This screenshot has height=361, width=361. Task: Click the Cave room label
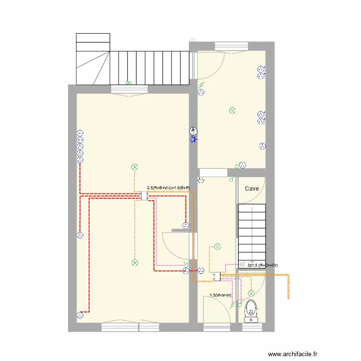click(x=252, y=189)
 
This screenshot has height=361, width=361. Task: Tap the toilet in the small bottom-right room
click(x=251, y=311)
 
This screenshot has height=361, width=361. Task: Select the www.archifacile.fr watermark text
click(x=293, y=354)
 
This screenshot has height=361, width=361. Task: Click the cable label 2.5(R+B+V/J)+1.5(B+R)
click(x=168, y=188)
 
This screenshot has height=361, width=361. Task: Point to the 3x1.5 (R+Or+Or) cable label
click(x=262, y=265)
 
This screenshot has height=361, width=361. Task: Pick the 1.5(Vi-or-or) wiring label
click(x=220, y=295)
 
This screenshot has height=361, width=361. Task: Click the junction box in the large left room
click(x=144, y=196)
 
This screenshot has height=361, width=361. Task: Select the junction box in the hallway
click(x=217, y=276)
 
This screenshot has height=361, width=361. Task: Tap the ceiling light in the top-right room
click(x=232, y=111)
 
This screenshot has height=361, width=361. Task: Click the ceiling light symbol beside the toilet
click(x=251, y=294)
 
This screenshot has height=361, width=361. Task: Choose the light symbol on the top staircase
click(x=129, y=83)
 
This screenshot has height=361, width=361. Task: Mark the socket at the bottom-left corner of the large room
click(x=80, y=315)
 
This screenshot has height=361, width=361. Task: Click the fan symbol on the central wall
click(x=193, y=131)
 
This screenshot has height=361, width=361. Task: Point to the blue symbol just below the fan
click(x=194, y=140)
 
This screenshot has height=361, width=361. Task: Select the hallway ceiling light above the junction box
click(x=218, y=247)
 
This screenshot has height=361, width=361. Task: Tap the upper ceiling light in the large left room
click(x=135, y=167)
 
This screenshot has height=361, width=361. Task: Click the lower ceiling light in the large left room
click(x=135, y=263)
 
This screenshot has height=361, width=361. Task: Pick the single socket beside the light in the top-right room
click(x=262, y=146)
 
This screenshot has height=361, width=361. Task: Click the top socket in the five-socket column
click(x=80, y=133)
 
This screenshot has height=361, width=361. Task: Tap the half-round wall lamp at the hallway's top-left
click(x=201, y=180)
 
